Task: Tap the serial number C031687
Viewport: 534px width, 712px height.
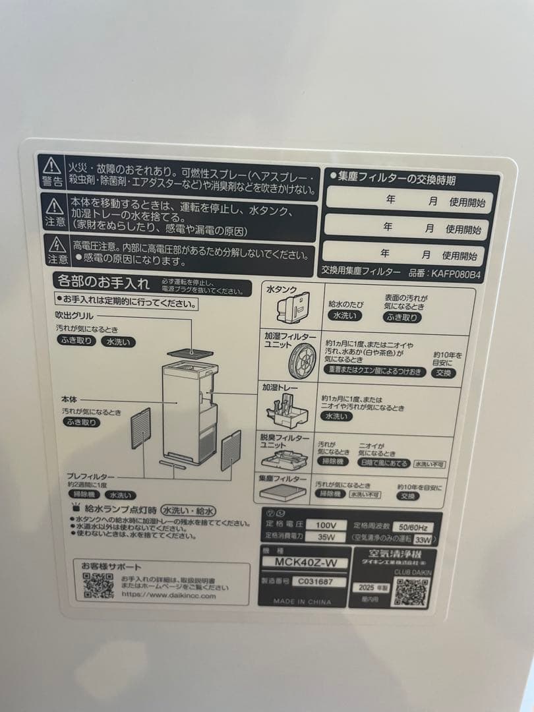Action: [315, 581]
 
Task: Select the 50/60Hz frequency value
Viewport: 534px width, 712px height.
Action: [412, 527]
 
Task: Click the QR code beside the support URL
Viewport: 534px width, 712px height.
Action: [99, 585]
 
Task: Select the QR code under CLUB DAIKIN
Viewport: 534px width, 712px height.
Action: [411, 593]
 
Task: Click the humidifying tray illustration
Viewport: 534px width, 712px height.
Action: [288, 413]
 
